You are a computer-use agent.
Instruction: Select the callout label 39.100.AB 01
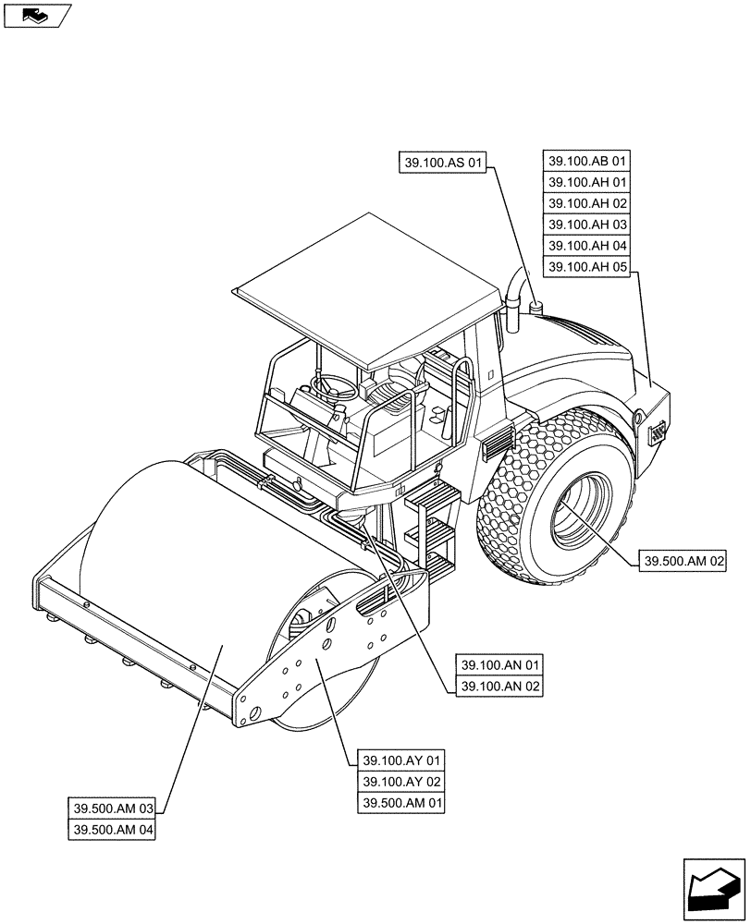(587, 161)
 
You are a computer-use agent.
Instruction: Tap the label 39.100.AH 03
(587, 225)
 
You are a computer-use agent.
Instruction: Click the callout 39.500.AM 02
(679, 561)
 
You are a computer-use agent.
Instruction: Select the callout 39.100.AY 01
(401, 760)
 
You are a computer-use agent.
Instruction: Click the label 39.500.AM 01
(401, 804)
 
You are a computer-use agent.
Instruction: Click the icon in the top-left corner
(37, 16)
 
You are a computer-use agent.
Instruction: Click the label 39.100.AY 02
(401, 783)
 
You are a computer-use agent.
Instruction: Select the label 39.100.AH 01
(587, 182)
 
